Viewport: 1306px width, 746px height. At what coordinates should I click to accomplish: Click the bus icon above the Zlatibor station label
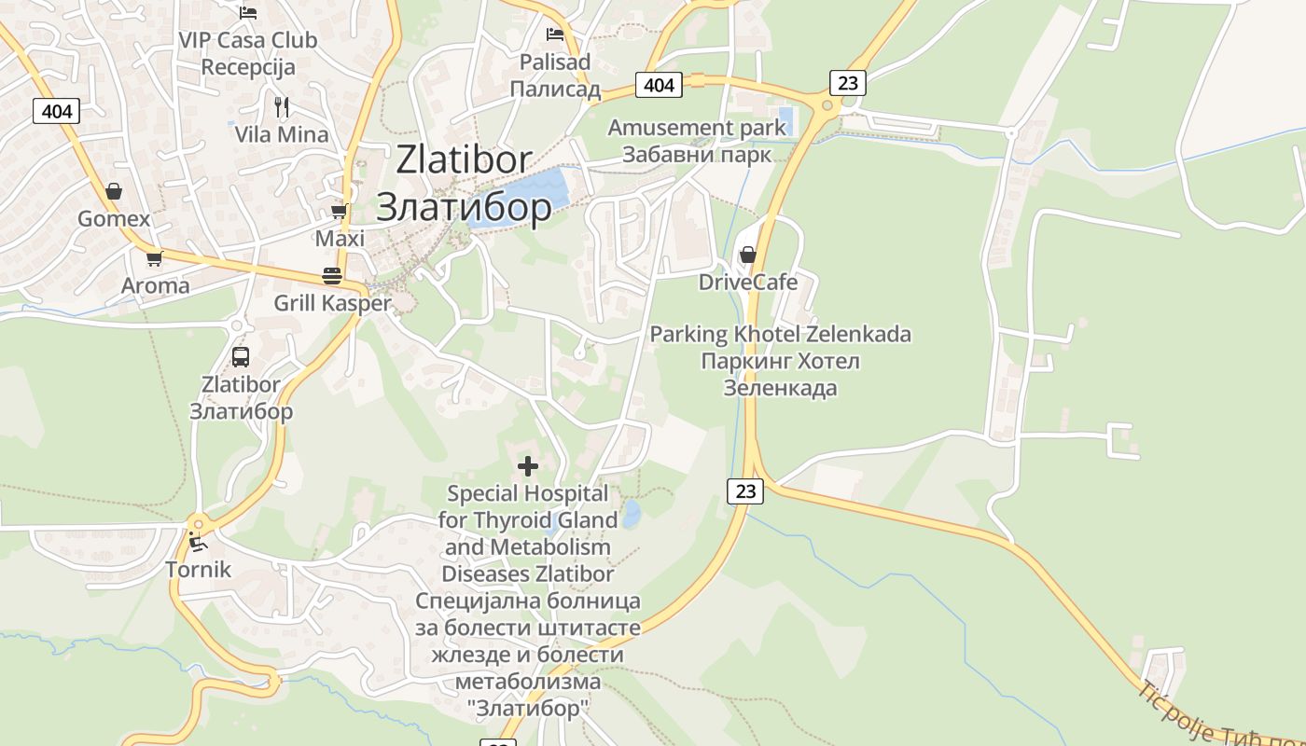click(241, 356)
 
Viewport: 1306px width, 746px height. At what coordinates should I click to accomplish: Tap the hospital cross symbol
click(528, 465)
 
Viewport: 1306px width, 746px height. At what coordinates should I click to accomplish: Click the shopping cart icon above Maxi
click(340, 212)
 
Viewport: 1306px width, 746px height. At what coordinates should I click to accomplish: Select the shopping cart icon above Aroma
click(154, 258)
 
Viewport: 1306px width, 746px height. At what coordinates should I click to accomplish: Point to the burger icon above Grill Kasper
click(332, 275)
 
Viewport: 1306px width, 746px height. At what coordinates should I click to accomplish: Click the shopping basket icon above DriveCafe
click(747, 254)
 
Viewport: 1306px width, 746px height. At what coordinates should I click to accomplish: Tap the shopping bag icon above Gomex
click(114, 191)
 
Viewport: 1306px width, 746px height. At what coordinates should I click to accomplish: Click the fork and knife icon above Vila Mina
click(282, 106)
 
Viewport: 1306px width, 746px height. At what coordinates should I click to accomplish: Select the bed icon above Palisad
click(555, 35)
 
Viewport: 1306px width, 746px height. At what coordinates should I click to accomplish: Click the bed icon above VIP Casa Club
click(248, 12)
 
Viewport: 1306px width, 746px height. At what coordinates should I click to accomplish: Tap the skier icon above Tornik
click(197, 541)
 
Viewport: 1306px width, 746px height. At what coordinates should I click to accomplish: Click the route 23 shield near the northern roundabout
click(847, 83)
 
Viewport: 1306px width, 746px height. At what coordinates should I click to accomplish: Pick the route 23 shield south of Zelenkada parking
click(744, 490)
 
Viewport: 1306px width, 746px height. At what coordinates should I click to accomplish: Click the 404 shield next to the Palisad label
click(659, 85)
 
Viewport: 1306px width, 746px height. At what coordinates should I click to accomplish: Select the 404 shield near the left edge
click(57, 111)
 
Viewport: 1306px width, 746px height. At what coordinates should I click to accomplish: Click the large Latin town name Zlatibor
click(464, 159)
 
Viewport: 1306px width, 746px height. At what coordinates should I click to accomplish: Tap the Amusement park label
click(697, 127)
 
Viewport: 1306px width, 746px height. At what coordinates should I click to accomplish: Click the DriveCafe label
click(748, 282)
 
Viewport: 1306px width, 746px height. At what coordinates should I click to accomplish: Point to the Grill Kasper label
click(332, 303)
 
